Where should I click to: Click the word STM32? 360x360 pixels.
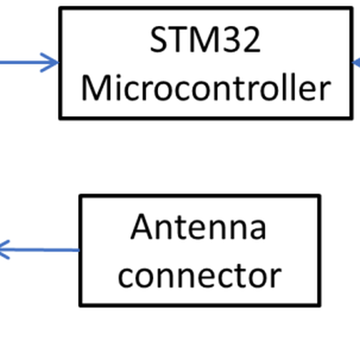click(205, 41)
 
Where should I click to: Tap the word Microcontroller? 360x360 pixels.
click(205, 88)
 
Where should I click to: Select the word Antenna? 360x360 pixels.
click(199, 228)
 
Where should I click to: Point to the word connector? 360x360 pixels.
click(199, 275)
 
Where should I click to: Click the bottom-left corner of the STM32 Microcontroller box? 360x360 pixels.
click(60, 118)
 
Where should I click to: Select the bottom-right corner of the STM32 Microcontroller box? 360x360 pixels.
click(351, 118)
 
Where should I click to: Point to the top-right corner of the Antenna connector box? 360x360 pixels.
click(319, 196)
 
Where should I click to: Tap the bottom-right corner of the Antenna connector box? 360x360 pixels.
click(319, 305)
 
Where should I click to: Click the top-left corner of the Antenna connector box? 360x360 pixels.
click(80, 196)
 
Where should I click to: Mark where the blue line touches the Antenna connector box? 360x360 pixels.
click(80, 250)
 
